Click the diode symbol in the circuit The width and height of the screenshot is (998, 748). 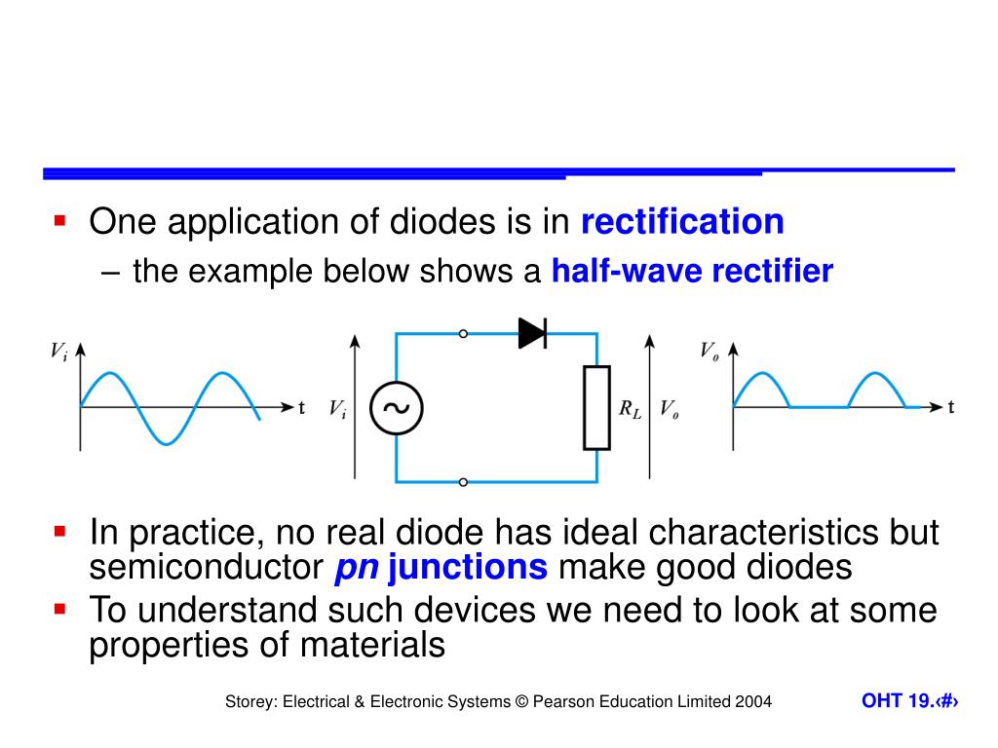tap(532, 333)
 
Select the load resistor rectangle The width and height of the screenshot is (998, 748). tap(596, 407)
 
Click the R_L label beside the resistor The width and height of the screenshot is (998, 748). tap(631, 409)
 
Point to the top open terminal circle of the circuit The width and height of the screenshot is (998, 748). tap(463, 333)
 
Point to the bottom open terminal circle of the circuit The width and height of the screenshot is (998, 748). tap(463, 481)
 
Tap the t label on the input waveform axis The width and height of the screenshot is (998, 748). tap(302, 407)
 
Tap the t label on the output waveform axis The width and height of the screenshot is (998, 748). tap(951, 407)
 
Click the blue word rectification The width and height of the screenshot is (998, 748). tap(682, 222)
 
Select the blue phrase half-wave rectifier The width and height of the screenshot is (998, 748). tap(692, 271)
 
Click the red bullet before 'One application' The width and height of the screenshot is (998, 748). tap(59, 221)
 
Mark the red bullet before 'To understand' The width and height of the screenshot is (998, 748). tap(59, 610)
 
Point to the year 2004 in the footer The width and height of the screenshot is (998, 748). tap(753, 701)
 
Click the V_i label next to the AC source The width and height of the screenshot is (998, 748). tap(337, 410)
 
